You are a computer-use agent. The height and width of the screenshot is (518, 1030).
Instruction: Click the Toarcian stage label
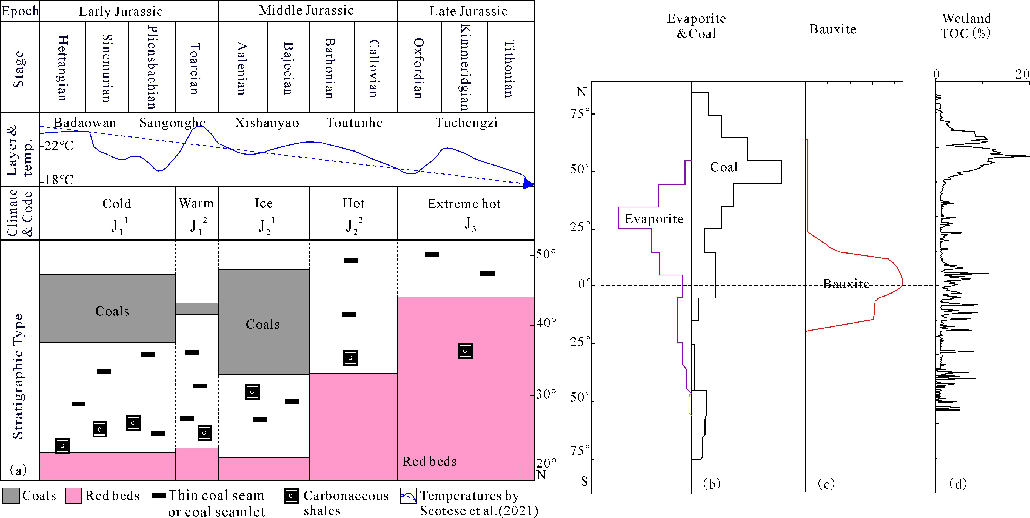(194, 69)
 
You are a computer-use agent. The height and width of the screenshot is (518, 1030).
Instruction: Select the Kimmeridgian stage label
(465, 67)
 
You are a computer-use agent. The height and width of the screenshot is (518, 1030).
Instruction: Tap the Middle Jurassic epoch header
(306, 10)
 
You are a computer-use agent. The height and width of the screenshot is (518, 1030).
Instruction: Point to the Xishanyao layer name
(267, 123)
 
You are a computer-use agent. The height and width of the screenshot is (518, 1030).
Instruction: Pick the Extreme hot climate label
(464, 204)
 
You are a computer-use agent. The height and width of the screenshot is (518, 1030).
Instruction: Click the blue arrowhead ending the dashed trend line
(528, 184)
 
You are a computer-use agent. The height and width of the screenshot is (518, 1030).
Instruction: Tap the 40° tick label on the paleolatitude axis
(546, 323)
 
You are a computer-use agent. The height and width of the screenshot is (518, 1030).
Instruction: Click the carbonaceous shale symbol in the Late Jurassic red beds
(465, 351)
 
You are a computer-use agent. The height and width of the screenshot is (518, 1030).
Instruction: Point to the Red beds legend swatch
(74, 496)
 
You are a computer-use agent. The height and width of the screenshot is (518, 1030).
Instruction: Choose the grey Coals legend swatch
(11, 496)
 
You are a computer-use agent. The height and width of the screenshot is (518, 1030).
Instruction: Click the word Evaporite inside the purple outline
(654, 219)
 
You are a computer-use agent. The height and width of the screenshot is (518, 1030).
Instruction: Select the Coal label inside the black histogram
(724, 167)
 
